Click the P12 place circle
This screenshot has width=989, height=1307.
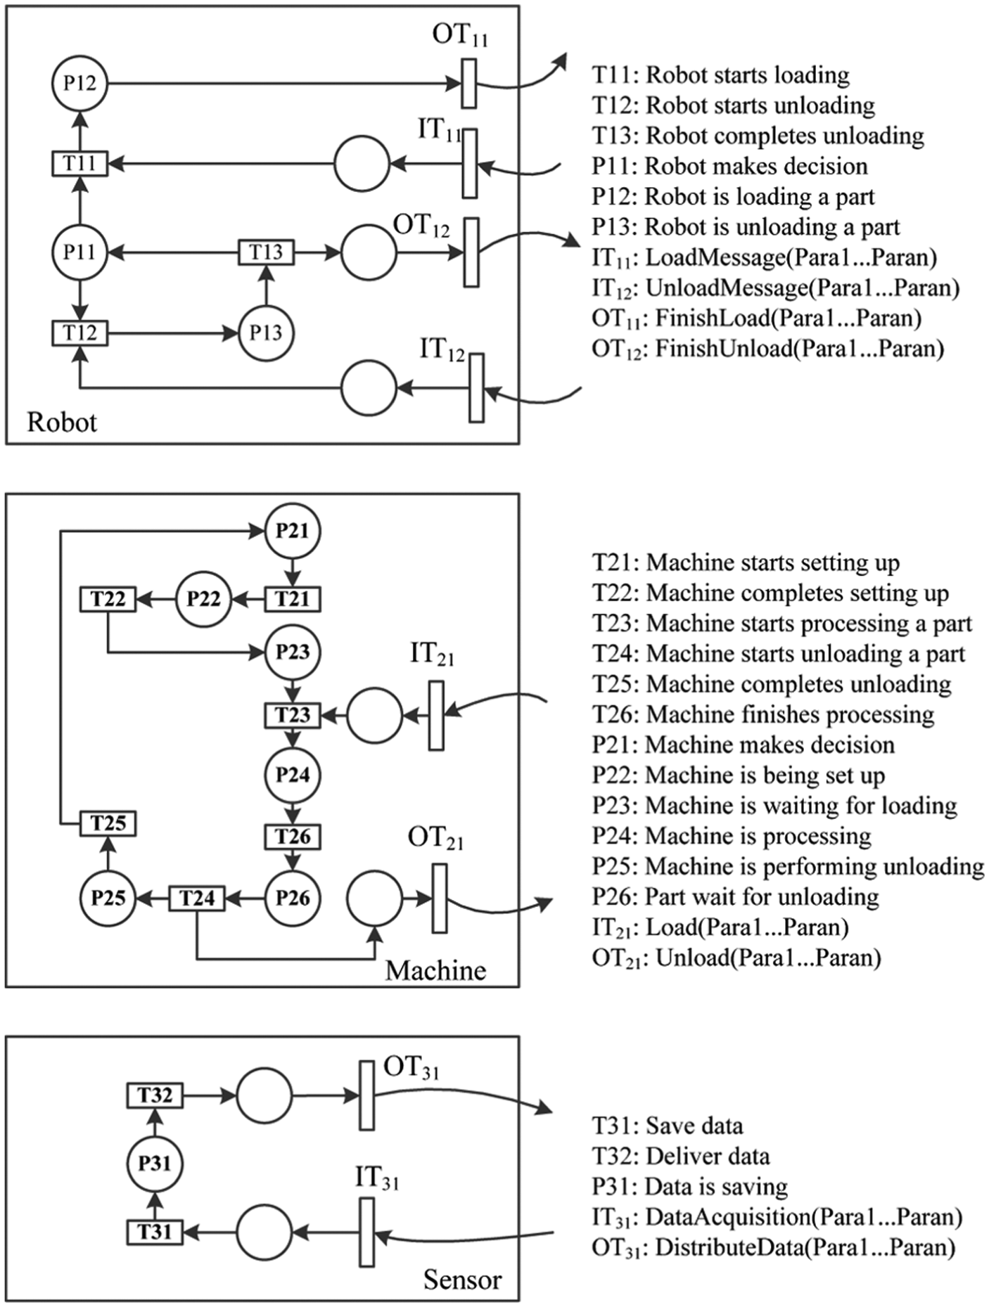[x=79, y=84]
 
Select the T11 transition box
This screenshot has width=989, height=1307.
[x=79, y=164]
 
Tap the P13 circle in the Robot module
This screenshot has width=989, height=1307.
[x=266, y=333]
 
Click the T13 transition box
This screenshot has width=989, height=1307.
[x=266, y=252]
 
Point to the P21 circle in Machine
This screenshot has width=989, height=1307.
[x=293, y=531]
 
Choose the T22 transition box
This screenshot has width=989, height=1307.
[x=108, y=599]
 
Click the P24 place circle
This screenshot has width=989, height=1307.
[x=293, y=775]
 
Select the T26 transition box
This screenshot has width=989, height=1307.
[x=293, y=837]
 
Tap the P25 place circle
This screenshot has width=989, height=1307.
[x=108, y=898]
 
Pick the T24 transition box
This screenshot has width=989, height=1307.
[x=197, y=899]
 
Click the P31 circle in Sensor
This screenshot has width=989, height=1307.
[x=155, y=1164]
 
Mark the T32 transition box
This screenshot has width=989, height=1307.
[x=155, y=1095]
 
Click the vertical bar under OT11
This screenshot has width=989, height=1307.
[x=469, y=83]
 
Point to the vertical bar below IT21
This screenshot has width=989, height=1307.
[x=436, y=716]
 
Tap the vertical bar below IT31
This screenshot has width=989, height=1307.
[x=366, y=1232]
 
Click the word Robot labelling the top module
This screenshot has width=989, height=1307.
[x=62, y=423]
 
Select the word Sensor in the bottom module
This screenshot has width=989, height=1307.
[x=462, y=1280]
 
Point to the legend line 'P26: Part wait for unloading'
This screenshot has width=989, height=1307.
[x=735, y=897]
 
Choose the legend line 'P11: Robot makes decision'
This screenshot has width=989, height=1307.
[x=729, y=166]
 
